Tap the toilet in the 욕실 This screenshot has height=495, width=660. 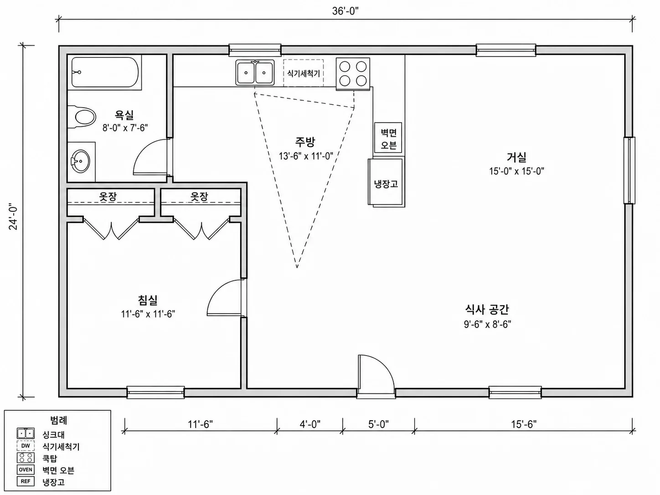pos(82,117)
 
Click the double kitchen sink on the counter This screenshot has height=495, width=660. pos(255,72)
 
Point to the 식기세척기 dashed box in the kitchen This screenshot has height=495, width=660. pos(304,73)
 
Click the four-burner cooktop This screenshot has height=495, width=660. pos(353,74)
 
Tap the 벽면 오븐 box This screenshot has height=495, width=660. pos(388,138)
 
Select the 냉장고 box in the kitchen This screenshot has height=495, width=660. pos(386,182)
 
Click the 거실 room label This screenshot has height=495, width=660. pos(516,157)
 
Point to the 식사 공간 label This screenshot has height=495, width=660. pos(487,309)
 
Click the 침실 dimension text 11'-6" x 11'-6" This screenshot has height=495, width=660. pos(148,314)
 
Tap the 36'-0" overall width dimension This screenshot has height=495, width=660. pos(345,11)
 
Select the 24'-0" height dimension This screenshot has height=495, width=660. pos(14,218)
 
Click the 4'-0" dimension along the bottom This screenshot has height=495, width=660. pos(310,424)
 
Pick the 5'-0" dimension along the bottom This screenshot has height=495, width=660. pos(379,424)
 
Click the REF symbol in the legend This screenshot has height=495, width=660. pos(26,481)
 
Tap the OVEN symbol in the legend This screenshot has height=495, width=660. pos(26,469)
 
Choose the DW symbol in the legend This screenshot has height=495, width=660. pos(26,446)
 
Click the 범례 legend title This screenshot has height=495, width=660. pos(59,420)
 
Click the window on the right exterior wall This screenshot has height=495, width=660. pos(629,170)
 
